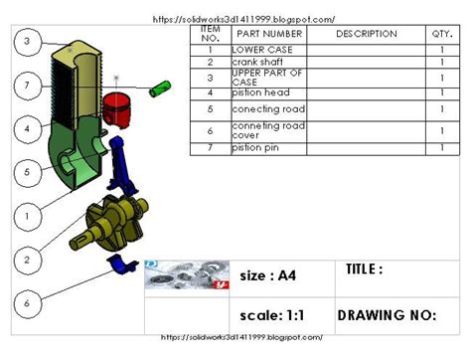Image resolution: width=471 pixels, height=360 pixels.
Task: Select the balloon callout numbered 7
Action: point(28,87)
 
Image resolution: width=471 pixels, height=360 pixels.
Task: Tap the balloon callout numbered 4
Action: point(28,128)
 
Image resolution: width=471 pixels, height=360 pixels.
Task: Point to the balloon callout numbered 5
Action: point(28,171)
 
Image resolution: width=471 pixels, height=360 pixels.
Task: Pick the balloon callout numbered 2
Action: point(28,259)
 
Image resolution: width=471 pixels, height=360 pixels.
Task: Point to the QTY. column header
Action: point(440,34)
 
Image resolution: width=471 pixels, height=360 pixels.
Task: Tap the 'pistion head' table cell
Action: point(258,92)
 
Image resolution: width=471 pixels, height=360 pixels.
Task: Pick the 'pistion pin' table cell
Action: point(256,147)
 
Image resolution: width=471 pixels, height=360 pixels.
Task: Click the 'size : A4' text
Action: point(269,275)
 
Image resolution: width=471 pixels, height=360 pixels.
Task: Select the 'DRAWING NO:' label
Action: point(387,315)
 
